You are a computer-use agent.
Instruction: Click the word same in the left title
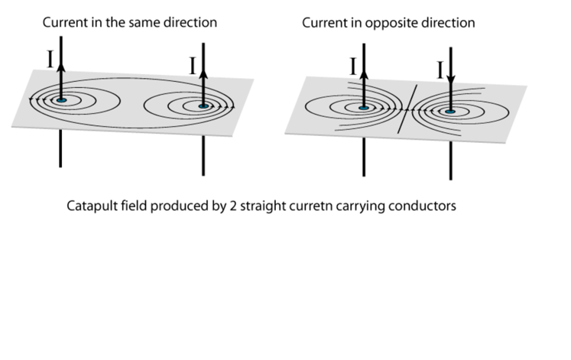(151, 23)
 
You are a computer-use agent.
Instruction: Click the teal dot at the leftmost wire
(60, 100)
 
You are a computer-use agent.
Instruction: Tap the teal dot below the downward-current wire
(450, 112)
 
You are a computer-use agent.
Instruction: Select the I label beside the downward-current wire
(441, 72)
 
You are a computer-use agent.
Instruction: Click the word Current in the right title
(325, 23)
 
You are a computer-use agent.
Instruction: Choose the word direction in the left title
(193, 23)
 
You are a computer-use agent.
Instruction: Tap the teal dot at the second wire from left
(203, 106)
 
